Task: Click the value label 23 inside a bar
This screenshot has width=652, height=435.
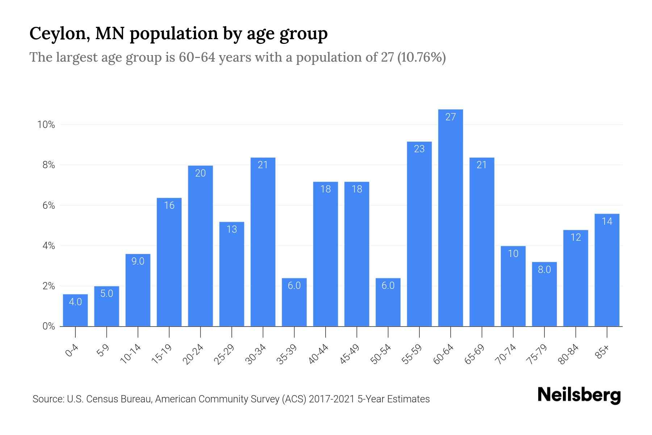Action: tap(419, 149)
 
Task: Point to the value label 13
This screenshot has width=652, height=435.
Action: tap(231, 229)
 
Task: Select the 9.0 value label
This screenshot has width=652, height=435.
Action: tap(138, 261)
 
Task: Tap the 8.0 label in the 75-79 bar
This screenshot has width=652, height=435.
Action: tap(544, 269)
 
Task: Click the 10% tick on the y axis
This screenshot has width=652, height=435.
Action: tap(46, 125)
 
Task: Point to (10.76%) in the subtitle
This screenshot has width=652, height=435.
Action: tap(421, 57)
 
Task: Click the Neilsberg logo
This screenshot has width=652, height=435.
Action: tap(579, 395)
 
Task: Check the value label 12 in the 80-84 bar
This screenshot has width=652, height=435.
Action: tap(576, 237)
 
